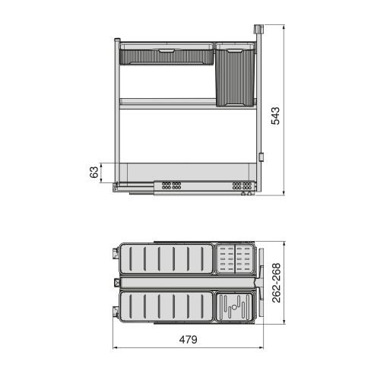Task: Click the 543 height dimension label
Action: (277, 113)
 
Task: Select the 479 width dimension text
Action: (187, 340)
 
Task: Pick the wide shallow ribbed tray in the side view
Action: (167, 56)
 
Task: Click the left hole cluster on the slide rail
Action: (171, 185)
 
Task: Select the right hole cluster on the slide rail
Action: (241, 185)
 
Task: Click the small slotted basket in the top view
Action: (234, 258)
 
